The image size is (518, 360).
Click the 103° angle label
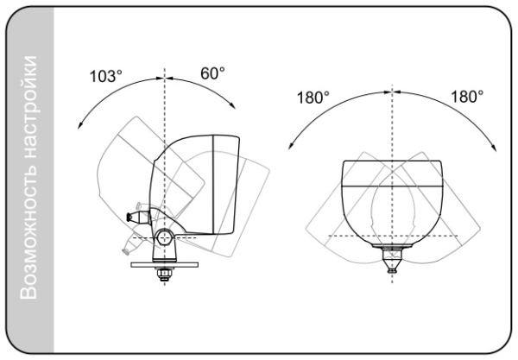[105, 76]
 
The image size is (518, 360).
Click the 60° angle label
[212, 73]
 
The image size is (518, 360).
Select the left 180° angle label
[313, 98]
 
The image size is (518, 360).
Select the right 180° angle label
[467, 97]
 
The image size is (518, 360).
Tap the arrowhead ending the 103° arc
[79, 125]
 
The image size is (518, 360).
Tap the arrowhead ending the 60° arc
[232, 104]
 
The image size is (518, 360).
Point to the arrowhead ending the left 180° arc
[291, 145]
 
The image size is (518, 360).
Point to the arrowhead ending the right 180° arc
[494, 148]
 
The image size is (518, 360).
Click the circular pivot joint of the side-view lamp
[164, 237]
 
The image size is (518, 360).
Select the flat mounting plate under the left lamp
[165, 265]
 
